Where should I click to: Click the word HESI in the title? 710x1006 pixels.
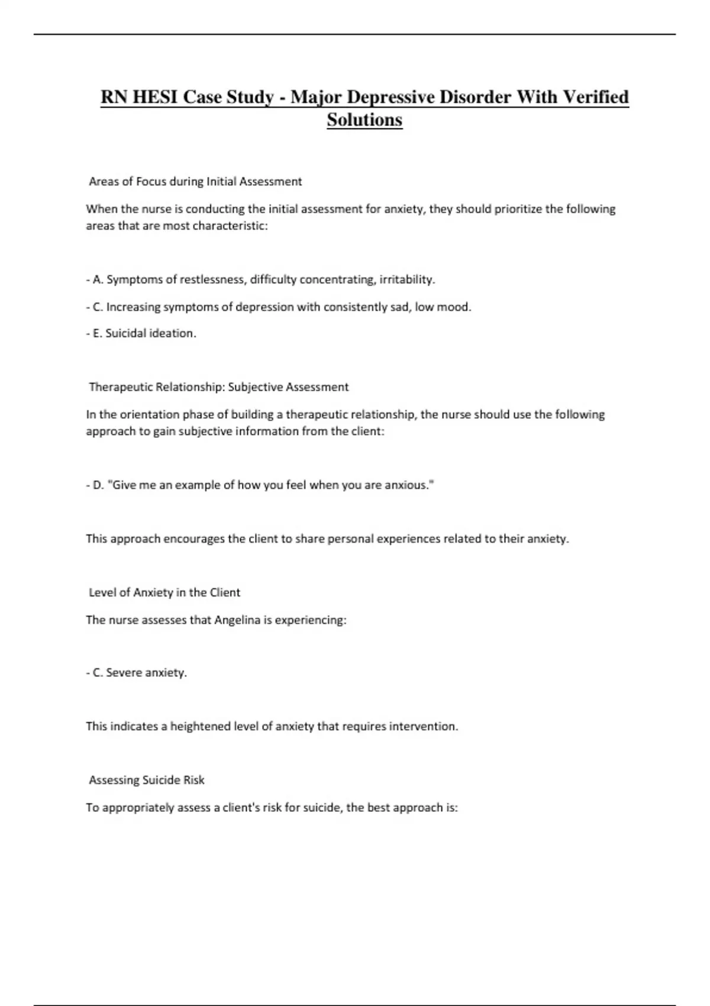155,96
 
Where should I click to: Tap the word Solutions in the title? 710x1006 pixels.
364,120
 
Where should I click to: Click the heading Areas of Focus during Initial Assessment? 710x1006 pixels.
195,182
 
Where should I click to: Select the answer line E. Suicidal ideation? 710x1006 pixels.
141,333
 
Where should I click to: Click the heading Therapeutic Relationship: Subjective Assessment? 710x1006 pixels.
218,387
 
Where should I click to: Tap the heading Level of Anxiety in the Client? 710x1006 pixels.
164,592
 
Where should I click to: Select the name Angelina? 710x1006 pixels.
237,620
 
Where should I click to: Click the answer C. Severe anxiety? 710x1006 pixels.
137,673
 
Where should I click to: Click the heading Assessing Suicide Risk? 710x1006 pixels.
147,780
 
